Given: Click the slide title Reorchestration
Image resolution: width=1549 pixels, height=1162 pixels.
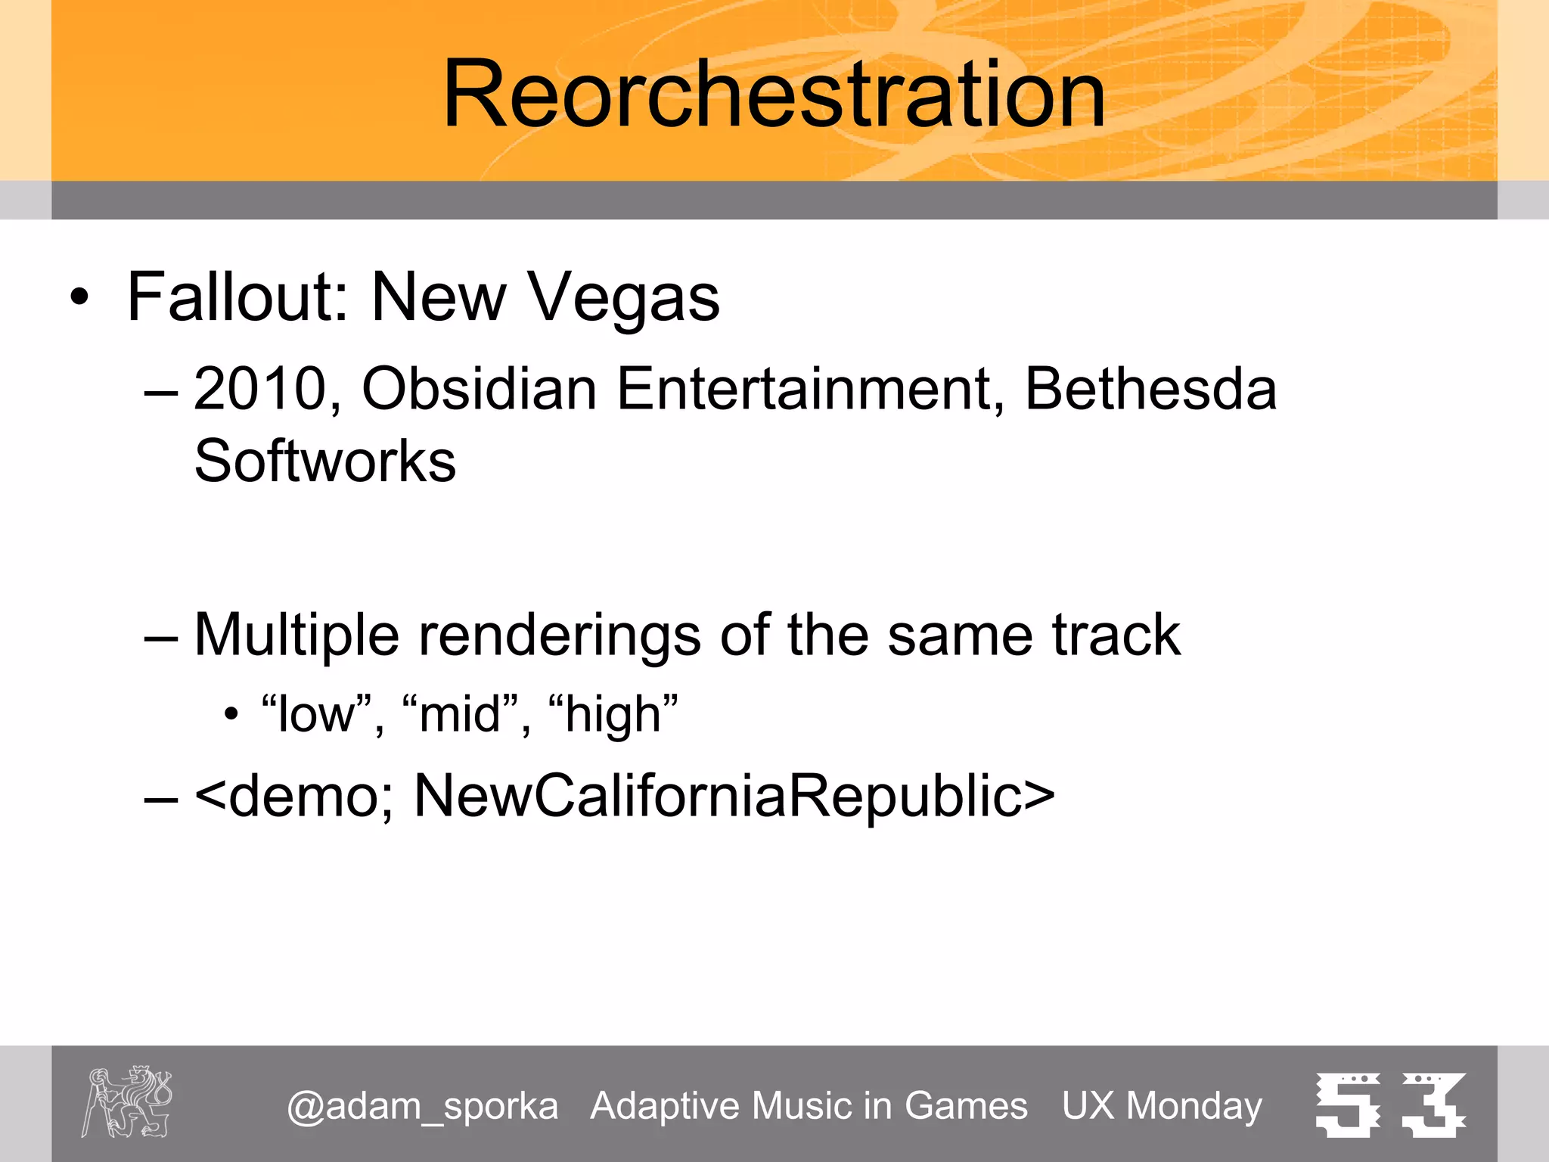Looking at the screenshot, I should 774,95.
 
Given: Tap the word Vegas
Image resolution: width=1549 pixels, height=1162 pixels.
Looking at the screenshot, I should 623,297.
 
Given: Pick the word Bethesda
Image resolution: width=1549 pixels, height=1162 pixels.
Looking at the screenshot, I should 1150,389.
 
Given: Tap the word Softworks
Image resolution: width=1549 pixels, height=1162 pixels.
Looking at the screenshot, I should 325,461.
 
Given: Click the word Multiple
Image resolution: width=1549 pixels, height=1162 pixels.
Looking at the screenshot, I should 296,635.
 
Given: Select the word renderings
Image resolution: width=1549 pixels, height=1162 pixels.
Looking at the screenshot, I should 559,635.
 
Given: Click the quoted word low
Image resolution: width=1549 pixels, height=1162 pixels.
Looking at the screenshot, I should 316,714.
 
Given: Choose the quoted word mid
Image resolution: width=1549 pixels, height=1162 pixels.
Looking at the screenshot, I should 460,714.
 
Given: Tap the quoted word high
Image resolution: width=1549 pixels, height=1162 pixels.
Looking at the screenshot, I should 613,714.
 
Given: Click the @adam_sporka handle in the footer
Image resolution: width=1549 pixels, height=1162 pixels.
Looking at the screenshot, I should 422,1106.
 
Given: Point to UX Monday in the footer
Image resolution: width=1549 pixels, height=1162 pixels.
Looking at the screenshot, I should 1162,1106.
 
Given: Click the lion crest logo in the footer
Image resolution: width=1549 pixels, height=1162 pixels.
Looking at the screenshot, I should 127,1101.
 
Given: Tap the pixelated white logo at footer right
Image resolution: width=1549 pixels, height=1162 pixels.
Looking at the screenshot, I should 1390,1105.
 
